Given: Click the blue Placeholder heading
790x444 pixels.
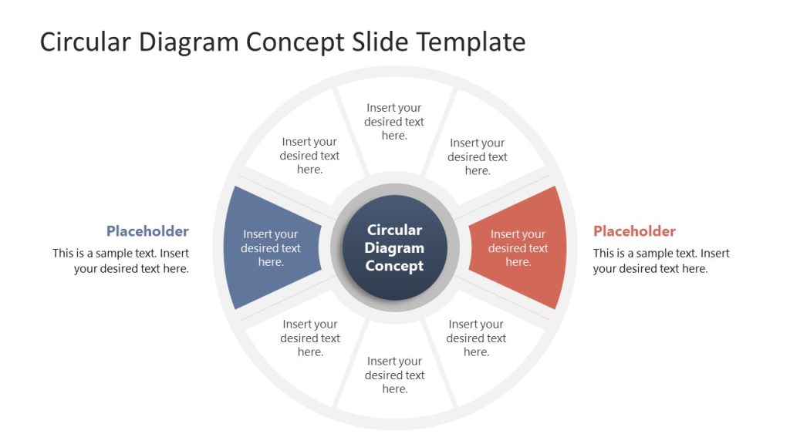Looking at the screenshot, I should pyautogui.click(x=147, y=231).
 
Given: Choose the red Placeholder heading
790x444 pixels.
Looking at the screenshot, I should pyautogui.click(x=634, y=231).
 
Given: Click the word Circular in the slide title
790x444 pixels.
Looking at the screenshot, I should pyautogui.click(x=86, y=42).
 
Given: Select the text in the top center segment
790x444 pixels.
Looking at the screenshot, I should pyautogui.click(x=394, y=122).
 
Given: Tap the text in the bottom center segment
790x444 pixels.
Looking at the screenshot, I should pyautogui.click(x=394, y=375).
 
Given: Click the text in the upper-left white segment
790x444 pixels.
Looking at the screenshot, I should pyautogui.click(x=309, y=156).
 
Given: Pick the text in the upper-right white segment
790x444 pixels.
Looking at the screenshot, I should pyautogui.click(x=478, y=156).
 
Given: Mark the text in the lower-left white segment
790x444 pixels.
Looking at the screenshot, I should pyautogui.click(x=310, y=338).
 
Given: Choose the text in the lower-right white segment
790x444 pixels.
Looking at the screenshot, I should pyautogui.click(x=476, y=338).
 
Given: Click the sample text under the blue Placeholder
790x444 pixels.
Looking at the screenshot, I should pyautogui.click(x=121, y=261).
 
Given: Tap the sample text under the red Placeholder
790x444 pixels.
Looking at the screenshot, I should pyautogui.click(x=661, y=261).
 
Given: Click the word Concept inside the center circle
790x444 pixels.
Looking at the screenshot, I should pyautogui.click(x=394, y=266).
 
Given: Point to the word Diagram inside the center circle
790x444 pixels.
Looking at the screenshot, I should pyautogui.click(x=394, y=247).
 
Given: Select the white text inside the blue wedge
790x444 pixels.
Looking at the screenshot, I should pyautogui.click(x=271, y=248).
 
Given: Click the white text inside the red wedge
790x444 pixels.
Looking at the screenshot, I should pyautogui.click(x=518, y=248).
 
